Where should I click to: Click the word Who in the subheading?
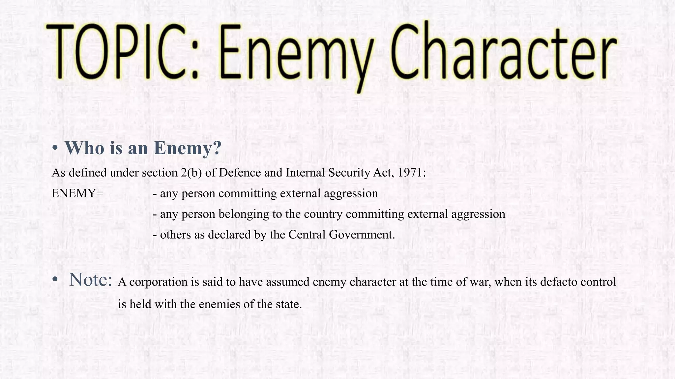(84, 148)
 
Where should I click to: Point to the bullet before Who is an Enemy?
(55, 148)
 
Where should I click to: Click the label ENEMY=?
(78, 193)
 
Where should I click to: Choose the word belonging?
(244, 214)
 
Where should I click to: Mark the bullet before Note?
(55, 279)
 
